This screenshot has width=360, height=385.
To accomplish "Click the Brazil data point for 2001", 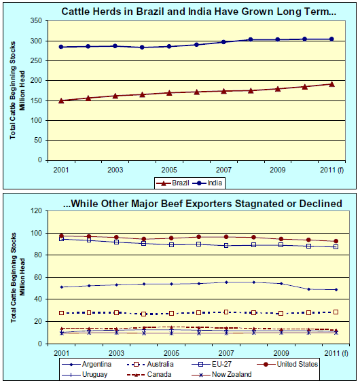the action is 61,100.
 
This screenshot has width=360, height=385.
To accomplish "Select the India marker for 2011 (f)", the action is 331,39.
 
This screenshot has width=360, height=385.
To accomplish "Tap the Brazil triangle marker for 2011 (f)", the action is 331,84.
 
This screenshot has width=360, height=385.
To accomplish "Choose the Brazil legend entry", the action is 173,183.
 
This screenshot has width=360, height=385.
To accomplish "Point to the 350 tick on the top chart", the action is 36,20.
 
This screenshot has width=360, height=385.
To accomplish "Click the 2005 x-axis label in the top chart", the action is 169,170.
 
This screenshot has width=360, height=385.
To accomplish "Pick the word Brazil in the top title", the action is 150,12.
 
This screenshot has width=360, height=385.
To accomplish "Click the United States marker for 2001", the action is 61,236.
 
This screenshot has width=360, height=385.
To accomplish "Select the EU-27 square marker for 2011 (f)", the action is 336,246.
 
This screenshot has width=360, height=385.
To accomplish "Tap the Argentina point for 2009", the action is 281,284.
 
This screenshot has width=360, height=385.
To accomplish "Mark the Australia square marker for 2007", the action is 226,312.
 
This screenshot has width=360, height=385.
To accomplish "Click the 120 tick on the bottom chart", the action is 36,210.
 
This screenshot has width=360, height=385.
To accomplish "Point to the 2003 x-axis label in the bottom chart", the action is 116,353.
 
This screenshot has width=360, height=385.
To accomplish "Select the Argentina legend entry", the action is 86,364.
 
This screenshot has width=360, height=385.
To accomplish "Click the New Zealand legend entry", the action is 221,374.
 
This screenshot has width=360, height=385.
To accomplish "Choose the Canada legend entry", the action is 149,374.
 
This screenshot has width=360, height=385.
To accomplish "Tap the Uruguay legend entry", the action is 85,374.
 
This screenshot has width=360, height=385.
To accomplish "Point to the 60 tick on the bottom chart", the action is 38,277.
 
